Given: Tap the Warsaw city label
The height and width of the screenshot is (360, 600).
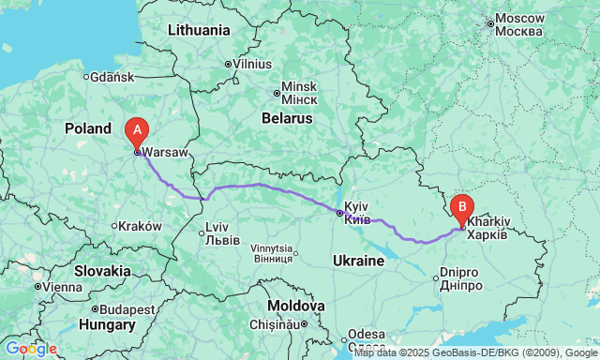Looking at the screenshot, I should [165, 151].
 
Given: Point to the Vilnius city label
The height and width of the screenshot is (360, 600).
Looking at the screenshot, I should [252, 63].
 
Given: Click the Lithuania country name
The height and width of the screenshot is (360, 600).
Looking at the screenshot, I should [198, 30].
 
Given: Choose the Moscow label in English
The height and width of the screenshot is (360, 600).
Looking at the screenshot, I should [520, 18].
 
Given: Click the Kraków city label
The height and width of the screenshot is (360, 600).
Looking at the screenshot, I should [142, 226].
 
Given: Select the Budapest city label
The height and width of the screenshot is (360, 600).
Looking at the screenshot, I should [127, 308].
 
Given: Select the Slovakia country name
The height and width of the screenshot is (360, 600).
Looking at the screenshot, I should [104, 270].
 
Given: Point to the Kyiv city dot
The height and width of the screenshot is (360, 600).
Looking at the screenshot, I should [339, 213].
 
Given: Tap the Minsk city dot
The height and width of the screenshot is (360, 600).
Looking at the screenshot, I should [277, 93].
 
